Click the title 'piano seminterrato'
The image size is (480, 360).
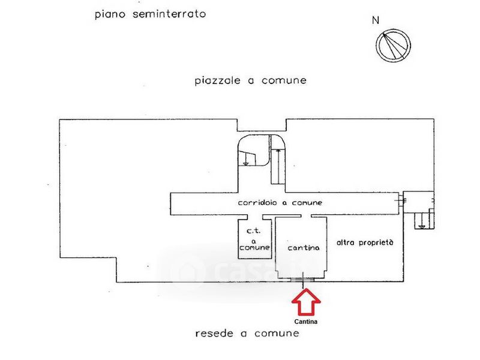pyautogui.click(x=151, y=14)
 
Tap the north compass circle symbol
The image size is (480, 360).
pyautogui.click(x=394, y=46)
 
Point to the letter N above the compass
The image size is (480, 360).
pyautogui.click(x=376, y=20)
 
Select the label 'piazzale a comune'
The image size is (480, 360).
pyautogui.click(x=251, y=80)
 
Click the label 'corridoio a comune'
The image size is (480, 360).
pyautogui.click(x=280, y=203)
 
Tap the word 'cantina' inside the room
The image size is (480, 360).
pyautogui.click(x=303, y=247)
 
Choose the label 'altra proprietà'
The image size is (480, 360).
pyautogui.click(x=365, y=243)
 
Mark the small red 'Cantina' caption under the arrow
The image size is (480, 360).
pyautogui.click(x=306, y=322)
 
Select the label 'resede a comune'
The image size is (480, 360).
pyautogui.click(x=247, y=333)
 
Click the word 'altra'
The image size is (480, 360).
pyautogui.click(x=347, y=243)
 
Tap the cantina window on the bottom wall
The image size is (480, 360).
pyautogui.click(x=303, y=279)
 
